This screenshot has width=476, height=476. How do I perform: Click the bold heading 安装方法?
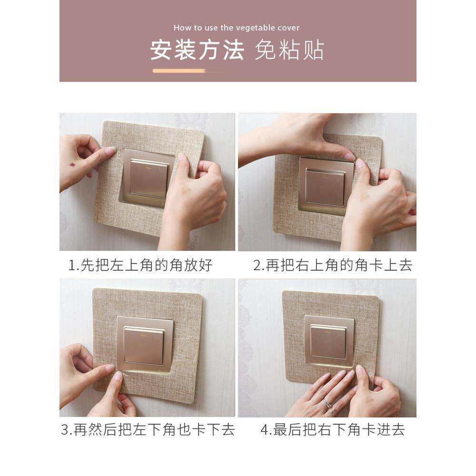tap(197, 50)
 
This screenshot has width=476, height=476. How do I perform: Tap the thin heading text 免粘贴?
tap(289, 50)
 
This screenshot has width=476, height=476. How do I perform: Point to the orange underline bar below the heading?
tap(179, 71)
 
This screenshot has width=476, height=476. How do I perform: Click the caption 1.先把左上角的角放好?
tap(140, 265)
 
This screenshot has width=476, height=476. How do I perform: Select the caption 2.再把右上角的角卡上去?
tap(333, 265)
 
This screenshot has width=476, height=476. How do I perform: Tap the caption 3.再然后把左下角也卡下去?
tap(148, 429)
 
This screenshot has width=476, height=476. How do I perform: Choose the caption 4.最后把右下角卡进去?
tap(333, 429)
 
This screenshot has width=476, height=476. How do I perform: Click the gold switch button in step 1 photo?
tap(149, 178)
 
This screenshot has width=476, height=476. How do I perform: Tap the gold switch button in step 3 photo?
tap(144, 346)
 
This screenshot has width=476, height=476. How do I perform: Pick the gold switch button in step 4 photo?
tap(328, 341)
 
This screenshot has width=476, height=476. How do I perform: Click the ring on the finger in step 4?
tap(328, 403)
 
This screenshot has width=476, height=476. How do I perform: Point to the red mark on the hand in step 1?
tap(73, 165)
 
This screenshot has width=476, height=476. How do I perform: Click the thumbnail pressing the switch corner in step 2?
tap(349, 156)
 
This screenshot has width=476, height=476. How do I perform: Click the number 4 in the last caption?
tap(264, 430)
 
